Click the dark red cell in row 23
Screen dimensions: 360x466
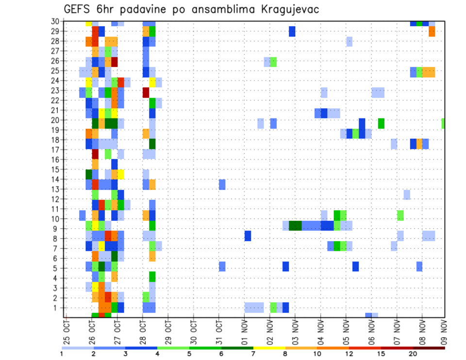(146, 92)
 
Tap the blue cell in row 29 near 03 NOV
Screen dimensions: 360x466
(292, 32)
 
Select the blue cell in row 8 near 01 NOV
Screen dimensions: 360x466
(248, 236)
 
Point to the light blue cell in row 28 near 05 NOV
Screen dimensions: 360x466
(349, 41)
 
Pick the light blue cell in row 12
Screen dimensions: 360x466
(407, 195)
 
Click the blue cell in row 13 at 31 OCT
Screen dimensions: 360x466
(222, 184)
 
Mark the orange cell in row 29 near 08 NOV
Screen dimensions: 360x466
(432, 32)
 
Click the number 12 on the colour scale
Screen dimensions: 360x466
(349, 354)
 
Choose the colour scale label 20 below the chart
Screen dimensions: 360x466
(413, 354)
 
